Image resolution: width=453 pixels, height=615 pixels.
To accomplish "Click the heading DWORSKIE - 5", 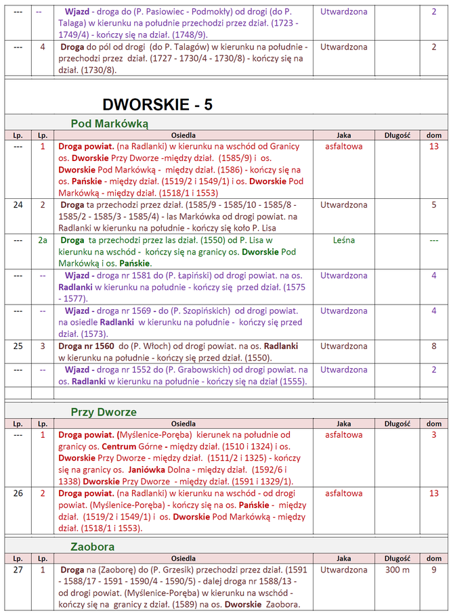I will [157, 104].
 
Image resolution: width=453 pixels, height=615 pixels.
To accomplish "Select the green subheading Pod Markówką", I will [110, 124].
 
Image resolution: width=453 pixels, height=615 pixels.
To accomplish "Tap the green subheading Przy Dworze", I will [104, 412].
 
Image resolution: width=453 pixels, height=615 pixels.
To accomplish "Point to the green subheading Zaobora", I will [93, 547].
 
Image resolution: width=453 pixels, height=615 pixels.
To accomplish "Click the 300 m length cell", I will [397, 570].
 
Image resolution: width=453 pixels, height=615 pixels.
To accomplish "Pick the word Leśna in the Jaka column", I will [343, 240].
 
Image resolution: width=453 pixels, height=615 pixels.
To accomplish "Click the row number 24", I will [18, 205].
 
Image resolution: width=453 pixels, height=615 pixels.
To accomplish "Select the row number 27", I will [18, 570].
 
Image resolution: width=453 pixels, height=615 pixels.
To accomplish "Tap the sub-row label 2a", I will [43, 240].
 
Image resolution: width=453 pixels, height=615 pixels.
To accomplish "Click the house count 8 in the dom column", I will [434, 346].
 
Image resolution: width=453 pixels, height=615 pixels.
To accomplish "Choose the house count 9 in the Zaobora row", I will [434, 570].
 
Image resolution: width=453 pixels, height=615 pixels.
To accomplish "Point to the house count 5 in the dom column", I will [434, 205].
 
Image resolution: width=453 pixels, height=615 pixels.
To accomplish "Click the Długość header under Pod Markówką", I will [397, 135].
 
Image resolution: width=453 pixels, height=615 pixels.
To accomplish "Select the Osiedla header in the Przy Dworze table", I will [184, 424].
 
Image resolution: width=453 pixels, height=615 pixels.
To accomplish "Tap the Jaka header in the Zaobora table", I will [343, 558].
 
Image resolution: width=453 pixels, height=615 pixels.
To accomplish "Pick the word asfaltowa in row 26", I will [343, 493].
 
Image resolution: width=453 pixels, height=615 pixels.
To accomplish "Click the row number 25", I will [18, 346].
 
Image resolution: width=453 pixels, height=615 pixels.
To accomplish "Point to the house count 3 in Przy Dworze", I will [434, 434].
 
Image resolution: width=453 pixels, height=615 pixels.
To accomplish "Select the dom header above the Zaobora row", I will [434, 558].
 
